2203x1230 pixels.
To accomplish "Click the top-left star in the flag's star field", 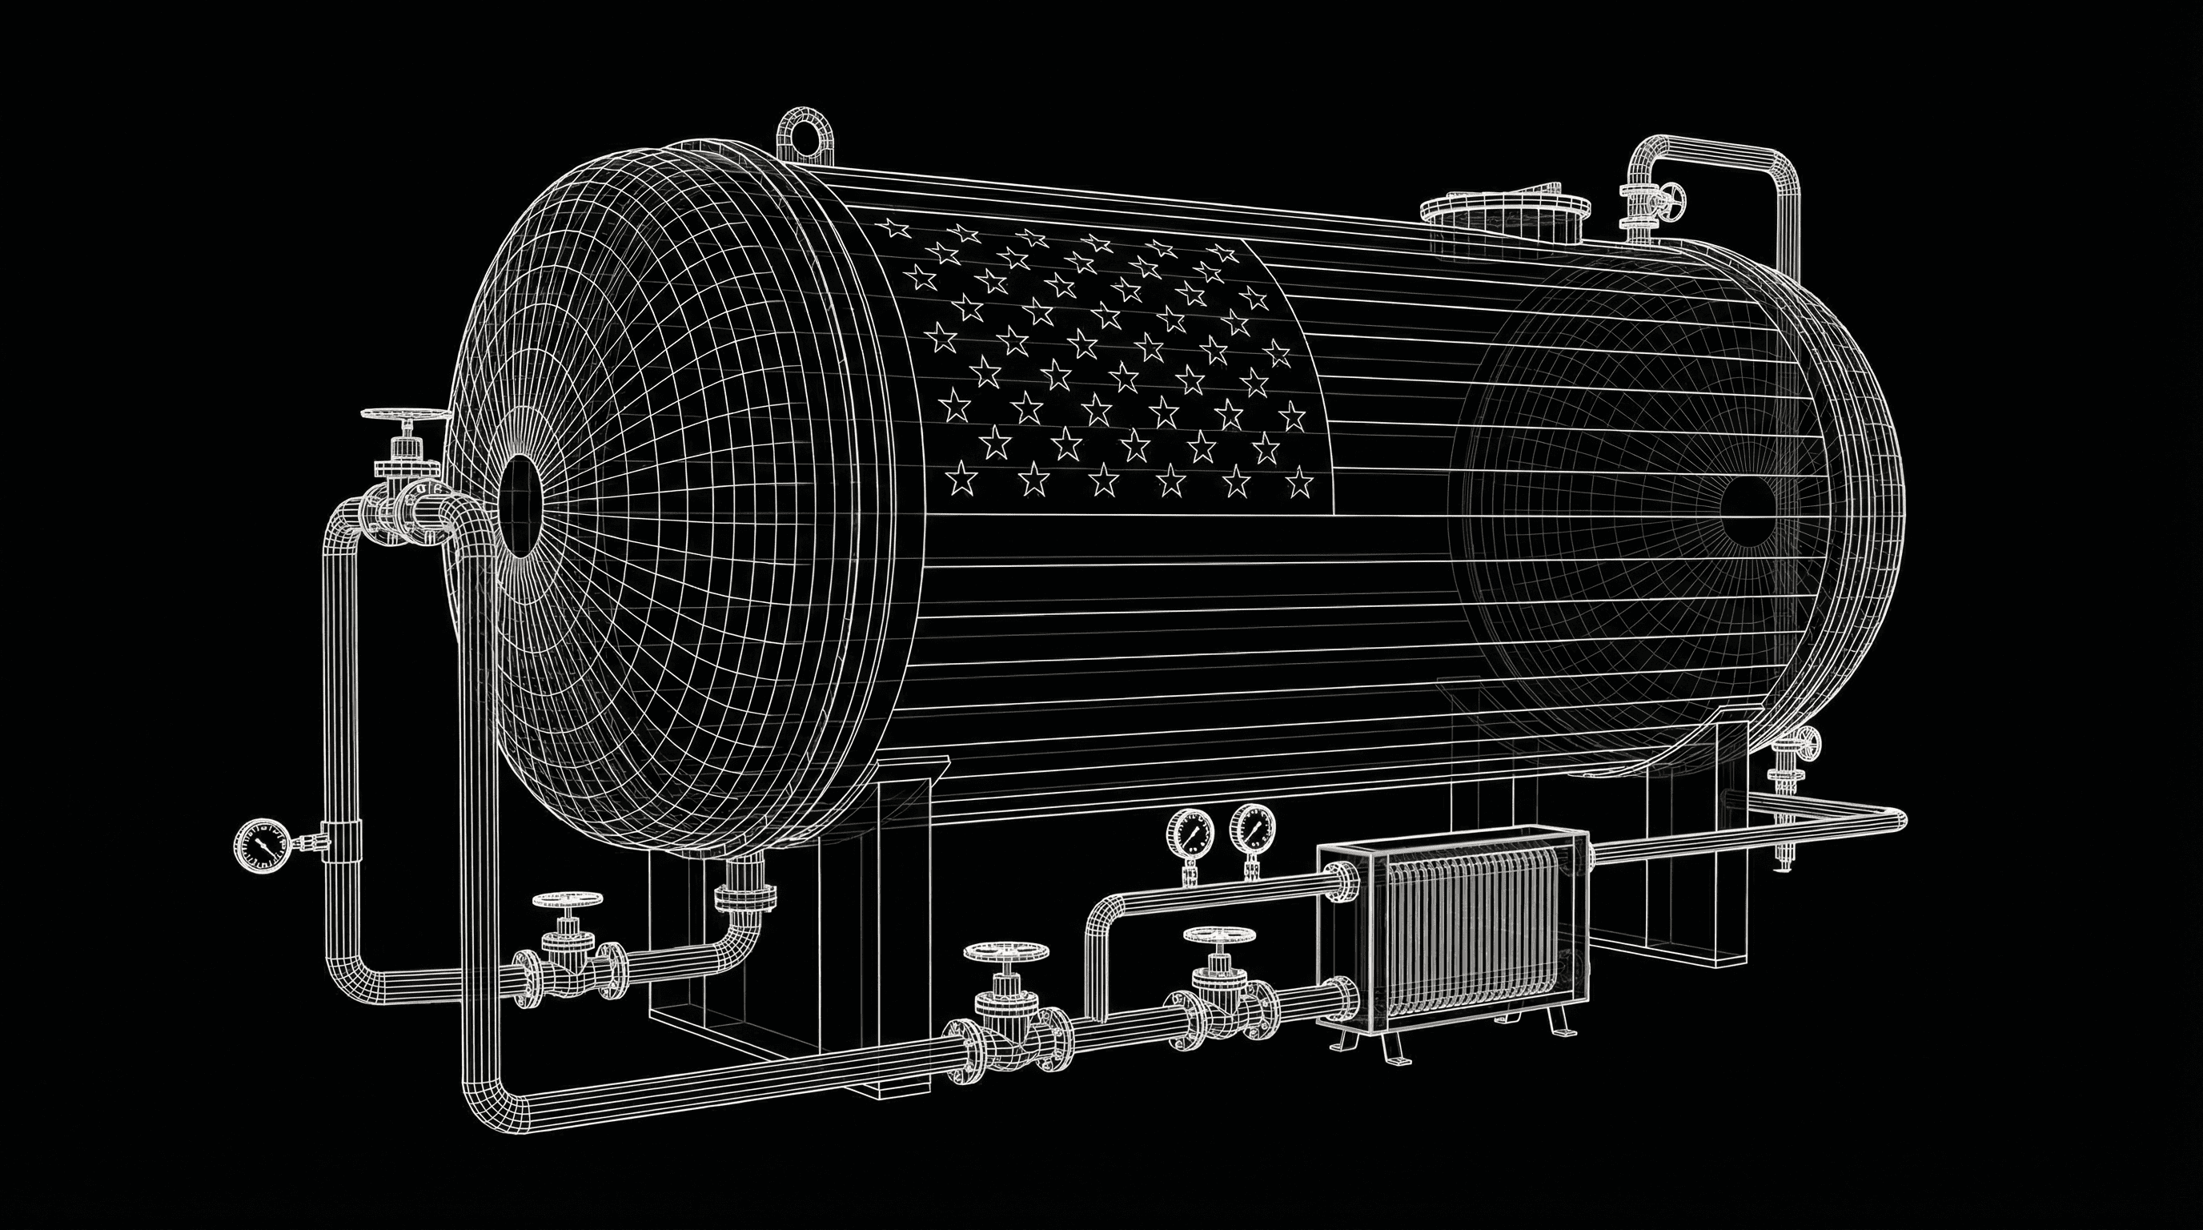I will click(x=894, y=228).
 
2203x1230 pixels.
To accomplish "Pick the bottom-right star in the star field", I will click(x=1300, y=484).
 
